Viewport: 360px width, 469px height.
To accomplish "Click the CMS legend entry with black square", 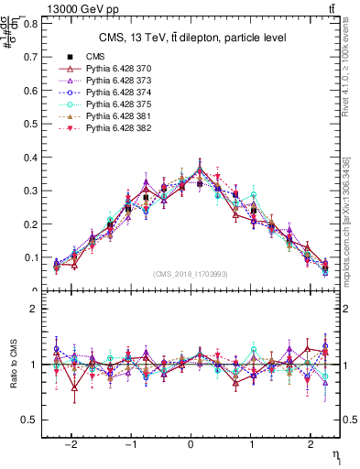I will pos(95,57).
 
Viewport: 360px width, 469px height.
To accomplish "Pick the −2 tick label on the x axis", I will pos(72,440).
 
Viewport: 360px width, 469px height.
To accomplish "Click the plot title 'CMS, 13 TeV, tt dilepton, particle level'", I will pos(192,37).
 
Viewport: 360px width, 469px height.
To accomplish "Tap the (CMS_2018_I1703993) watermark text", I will pos(191,274).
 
